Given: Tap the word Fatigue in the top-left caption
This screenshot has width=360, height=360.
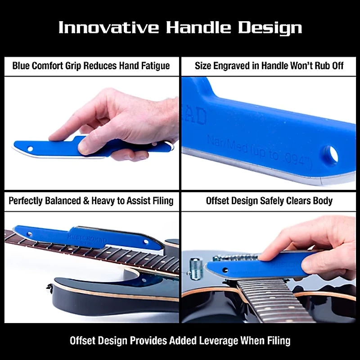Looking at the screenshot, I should click(153, 66).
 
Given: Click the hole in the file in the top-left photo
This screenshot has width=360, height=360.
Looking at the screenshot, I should click(31, 147).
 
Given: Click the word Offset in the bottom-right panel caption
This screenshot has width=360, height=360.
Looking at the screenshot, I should click(219, 200).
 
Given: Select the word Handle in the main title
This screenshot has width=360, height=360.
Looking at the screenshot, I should click(200, 27).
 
